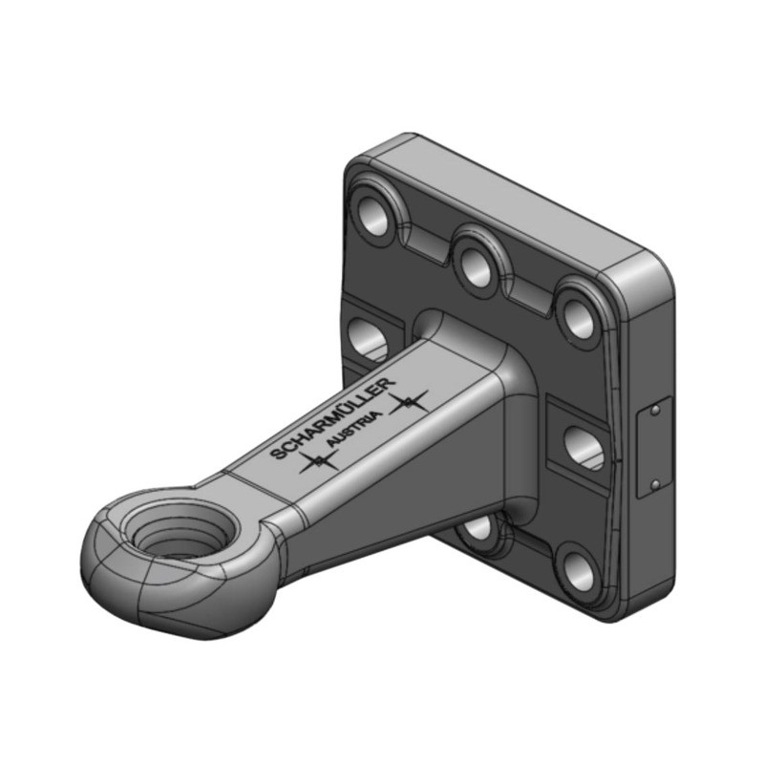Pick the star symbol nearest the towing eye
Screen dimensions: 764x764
pyautogui.click(x=317, y=463)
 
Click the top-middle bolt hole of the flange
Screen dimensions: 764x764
pyautogui.click(x=475, y=265)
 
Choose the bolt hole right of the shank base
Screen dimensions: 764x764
pyautogui.click(x=584, y=446)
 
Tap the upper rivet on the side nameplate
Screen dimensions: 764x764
pyautogui.click(x=655, y=412)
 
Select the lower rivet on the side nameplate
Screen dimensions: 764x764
pyautogui.click(x=655, y=484)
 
